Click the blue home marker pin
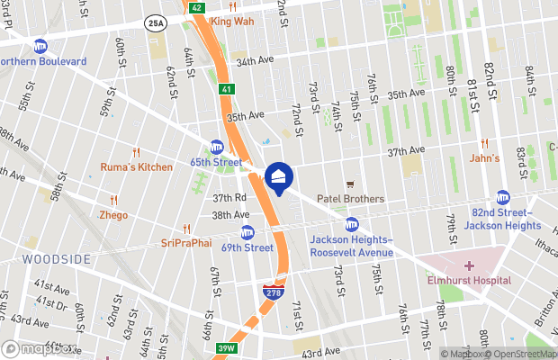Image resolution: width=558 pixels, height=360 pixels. point(279,177)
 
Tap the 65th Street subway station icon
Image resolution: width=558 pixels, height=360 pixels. point(217,147)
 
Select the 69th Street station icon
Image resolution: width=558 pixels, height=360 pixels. point(247,232)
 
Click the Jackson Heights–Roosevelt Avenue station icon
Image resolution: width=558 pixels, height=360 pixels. point(352,224)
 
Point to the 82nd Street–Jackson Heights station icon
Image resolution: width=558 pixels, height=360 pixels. point(502,197)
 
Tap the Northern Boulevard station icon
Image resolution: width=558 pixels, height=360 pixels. point(40,46)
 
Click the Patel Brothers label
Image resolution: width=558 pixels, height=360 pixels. point(350,199)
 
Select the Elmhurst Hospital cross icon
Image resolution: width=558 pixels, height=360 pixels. point(469,265)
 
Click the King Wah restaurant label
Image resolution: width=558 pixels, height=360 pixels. point(231,21)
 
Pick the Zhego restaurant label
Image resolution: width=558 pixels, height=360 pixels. point(113,215)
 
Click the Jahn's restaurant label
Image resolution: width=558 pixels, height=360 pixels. point(484,157)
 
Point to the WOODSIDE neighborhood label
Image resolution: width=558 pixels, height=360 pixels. point(57,259)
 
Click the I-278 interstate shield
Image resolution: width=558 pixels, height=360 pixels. point(272,291)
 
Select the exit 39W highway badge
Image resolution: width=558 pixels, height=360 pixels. point(227,348)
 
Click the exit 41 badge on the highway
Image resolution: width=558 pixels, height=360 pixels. point(226,89)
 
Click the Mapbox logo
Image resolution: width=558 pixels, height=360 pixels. point(39,348)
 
